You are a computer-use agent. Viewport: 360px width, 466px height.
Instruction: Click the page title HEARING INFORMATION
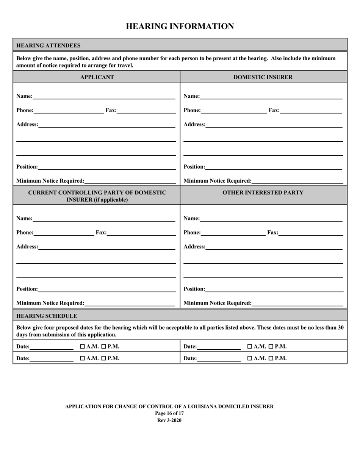coord(180,26)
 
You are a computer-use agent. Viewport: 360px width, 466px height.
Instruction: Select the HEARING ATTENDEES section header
coord(48,45)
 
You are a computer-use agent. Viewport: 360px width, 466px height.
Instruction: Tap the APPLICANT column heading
coord(97,77)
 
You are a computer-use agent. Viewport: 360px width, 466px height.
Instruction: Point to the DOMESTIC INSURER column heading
coord(263,77)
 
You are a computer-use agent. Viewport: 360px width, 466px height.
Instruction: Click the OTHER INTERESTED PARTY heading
coord(263,192)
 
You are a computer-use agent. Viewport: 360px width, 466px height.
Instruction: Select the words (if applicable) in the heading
coord(109,200)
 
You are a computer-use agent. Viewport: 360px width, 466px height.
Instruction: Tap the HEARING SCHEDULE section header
coord(47,316)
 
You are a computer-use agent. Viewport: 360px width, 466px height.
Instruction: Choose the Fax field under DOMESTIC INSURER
coord(311,110)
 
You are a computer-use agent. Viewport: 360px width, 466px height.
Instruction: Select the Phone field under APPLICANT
coord(69,110)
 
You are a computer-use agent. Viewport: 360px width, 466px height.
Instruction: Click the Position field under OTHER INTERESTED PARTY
coord(274,289)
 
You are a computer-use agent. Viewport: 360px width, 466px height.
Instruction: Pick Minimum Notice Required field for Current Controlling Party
coord(130,303)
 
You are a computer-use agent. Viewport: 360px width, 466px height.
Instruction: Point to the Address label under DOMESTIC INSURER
coord(194,124)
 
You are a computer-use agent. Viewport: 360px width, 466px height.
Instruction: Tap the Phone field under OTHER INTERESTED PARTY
coord(233,233)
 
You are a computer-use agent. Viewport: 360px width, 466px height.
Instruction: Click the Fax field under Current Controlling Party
coord(141,233)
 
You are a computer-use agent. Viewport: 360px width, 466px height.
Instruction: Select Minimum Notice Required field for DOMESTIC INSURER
coord(297,181)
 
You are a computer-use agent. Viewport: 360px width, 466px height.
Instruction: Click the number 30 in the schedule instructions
coord(340,327)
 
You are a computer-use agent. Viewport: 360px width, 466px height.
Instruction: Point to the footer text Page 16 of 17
coord(169,413)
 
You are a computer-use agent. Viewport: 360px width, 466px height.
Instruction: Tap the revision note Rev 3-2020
coord(169,420)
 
